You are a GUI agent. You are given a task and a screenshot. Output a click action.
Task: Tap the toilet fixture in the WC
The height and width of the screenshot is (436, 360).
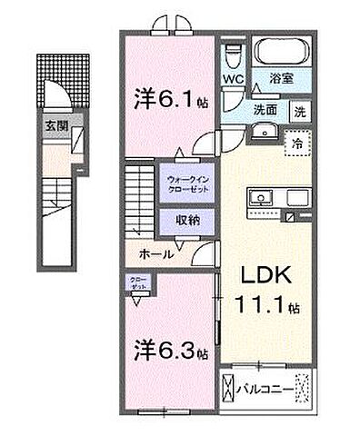tap(234, 55)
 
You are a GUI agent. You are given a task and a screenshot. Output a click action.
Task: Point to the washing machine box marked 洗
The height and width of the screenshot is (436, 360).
tap(300, 110)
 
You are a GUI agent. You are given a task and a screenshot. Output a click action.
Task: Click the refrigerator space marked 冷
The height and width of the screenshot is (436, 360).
tap(298, 143)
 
